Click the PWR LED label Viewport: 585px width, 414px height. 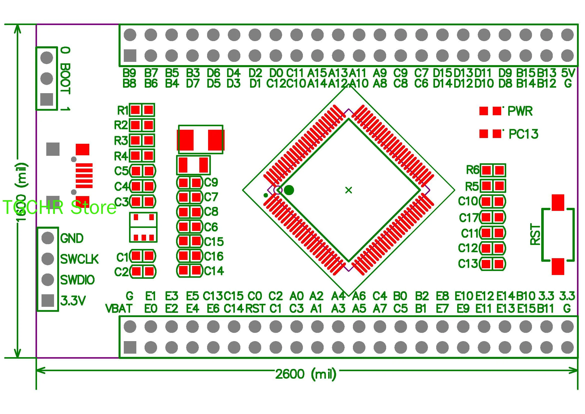coord(520,111)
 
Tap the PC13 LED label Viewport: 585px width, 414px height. coord(523,134)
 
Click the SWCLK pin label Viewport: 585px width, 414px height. coord(79,259)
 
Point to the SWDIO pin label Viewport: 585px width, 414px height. coord(78,280)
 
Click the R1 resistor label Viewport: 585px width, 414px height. coord(123,111)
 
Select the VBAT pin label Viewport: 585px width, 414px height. coord(119,309)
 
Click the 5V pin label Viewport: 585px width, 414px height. coord(568,73)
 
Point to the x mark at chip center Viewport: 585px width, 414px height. coord(348,190)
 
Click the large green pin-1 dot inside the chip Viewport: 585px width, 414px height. coord(289,190)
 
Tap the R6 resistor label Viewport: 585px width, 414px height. coord(473,170)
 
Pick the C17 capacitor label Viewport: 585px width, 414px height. coord(468,218)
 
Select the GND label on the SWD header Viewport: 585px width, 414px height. coord(72,238)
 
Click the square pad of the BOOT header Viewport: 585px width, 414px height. coord(47,99)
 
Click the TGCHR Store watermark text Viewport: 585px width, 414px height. coord(59,207)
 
